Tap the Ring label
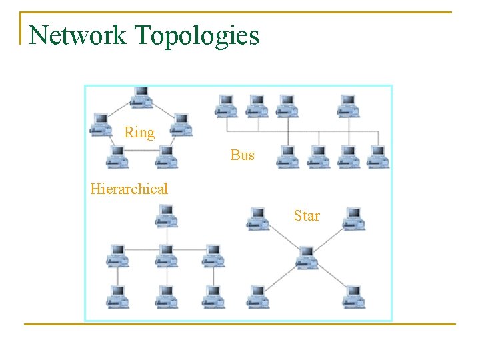139,133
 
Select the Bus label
243,155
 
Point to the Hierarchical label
129,189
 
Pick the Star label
307,216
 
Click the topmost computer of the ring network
141,97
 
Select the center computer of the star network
307,257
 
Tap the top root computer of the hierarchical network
166,215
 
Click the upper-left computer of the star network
258,219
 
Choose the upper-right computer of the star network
353,219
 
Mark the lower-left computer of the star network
258,296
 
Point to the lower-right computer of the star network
353,296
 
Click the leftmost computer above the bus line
226,105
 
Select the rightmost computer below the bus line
377,157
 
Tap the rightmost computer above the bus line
348,105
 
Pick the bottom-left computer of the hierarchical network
118,296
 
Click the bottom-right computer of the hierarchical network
213,296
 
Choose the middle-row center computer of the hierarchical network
166,255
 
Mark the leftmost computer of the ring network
101,125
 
